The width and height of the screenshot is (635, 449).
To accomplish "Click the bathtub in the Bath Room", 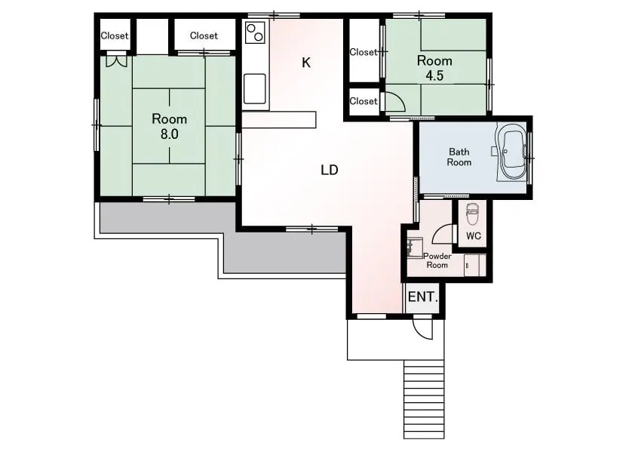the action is [512, 151].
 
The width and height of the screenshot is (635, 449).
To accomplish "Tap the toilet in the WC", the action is [471, 214].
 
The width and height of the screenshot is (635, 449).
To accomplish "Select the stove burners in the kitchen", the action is [255, 32].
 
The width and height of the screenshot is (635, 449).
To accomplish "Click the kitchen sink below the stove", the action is [255, 88].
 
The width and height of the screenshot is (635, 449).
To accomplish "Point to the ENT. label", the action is [423, 297].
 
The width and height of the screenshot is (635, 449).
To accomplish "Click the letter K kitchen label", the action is [306, 63].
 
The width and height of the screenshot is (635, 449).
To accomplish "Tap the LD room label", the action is [330, 171].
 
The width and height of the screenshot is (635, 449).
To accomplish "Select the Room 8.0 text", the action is [169, 127].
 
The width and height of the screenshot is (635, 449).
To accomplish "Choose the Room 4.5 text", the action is [434, 68].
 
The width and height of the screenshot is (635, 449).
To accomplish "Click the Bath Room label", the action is [459, 157].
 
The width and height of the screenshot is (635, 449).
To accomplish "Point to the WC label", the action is [474, 235].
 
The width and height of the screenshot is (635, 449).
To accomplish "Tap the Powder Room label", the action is [437, 260].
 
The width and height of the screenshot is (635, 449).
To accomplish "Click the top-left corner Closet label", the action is [115, 35].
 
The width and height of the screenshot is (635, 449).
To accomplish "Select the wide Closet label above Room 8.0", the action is [204, 35].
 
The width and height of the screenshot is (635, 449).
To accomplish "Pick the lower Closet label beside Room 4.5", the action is [364, 101].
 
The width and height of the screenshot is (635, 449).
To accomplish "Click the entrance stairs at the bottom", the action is [424, 399].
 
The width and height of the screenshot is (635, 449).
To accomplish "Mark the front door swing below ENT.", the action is [422, 327].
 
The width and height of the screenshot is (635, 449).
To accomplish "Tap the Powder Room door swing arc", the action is [442, 234].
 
